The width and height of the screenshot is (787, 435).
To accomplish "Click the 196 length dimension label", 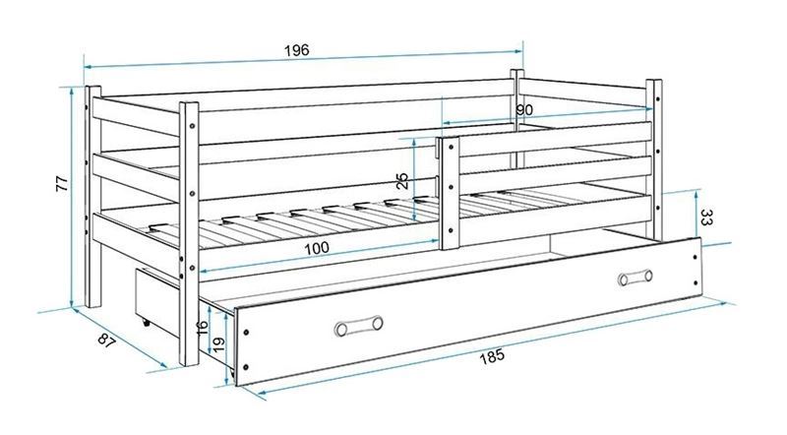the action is click(297, 50).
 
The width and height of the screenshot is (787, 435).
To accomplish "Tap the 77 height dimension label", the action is click(62, 183).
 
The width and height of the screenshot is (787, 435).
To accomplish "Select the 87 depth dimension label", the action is click(107, 342).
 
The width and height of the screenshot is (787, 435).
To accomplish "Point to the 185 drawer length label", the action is click(493, 357).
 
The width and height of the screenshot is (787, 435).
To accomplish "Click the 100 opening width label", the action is click(317, 248).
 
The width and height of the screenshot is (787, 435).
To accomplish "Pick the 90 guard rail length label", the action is click(524, 110).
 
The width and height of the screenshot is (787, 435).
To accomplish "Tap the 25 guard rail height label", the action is click(402, 181).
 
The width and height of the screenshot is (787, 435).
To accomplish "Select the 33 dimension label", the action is click(706, 217).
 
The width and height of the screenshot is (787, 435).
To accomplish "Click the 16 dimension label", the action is click(203, 328).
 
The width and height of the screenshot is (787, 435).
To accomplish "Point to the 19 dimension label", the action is click(218, 345).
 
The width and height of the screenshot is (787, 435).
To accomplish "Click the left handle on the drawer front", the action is click(358, 326).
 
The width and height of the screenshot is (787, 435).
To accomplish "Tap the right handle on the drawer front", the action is click(636, 278).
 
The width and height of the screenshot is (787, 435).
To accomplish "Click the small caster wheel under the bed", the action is click(146, 323).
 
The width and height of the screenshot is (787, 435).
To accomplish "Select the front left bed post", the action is click(189, 233).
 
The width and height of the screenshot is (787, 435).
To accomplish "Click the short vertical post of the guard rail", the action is click(450, 192).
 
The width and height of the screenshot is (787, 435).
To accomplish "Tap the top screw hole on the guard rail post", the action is click(451, 148).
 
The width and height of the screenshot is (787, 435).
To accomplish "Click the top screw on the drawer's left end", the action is click(246, 332).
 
